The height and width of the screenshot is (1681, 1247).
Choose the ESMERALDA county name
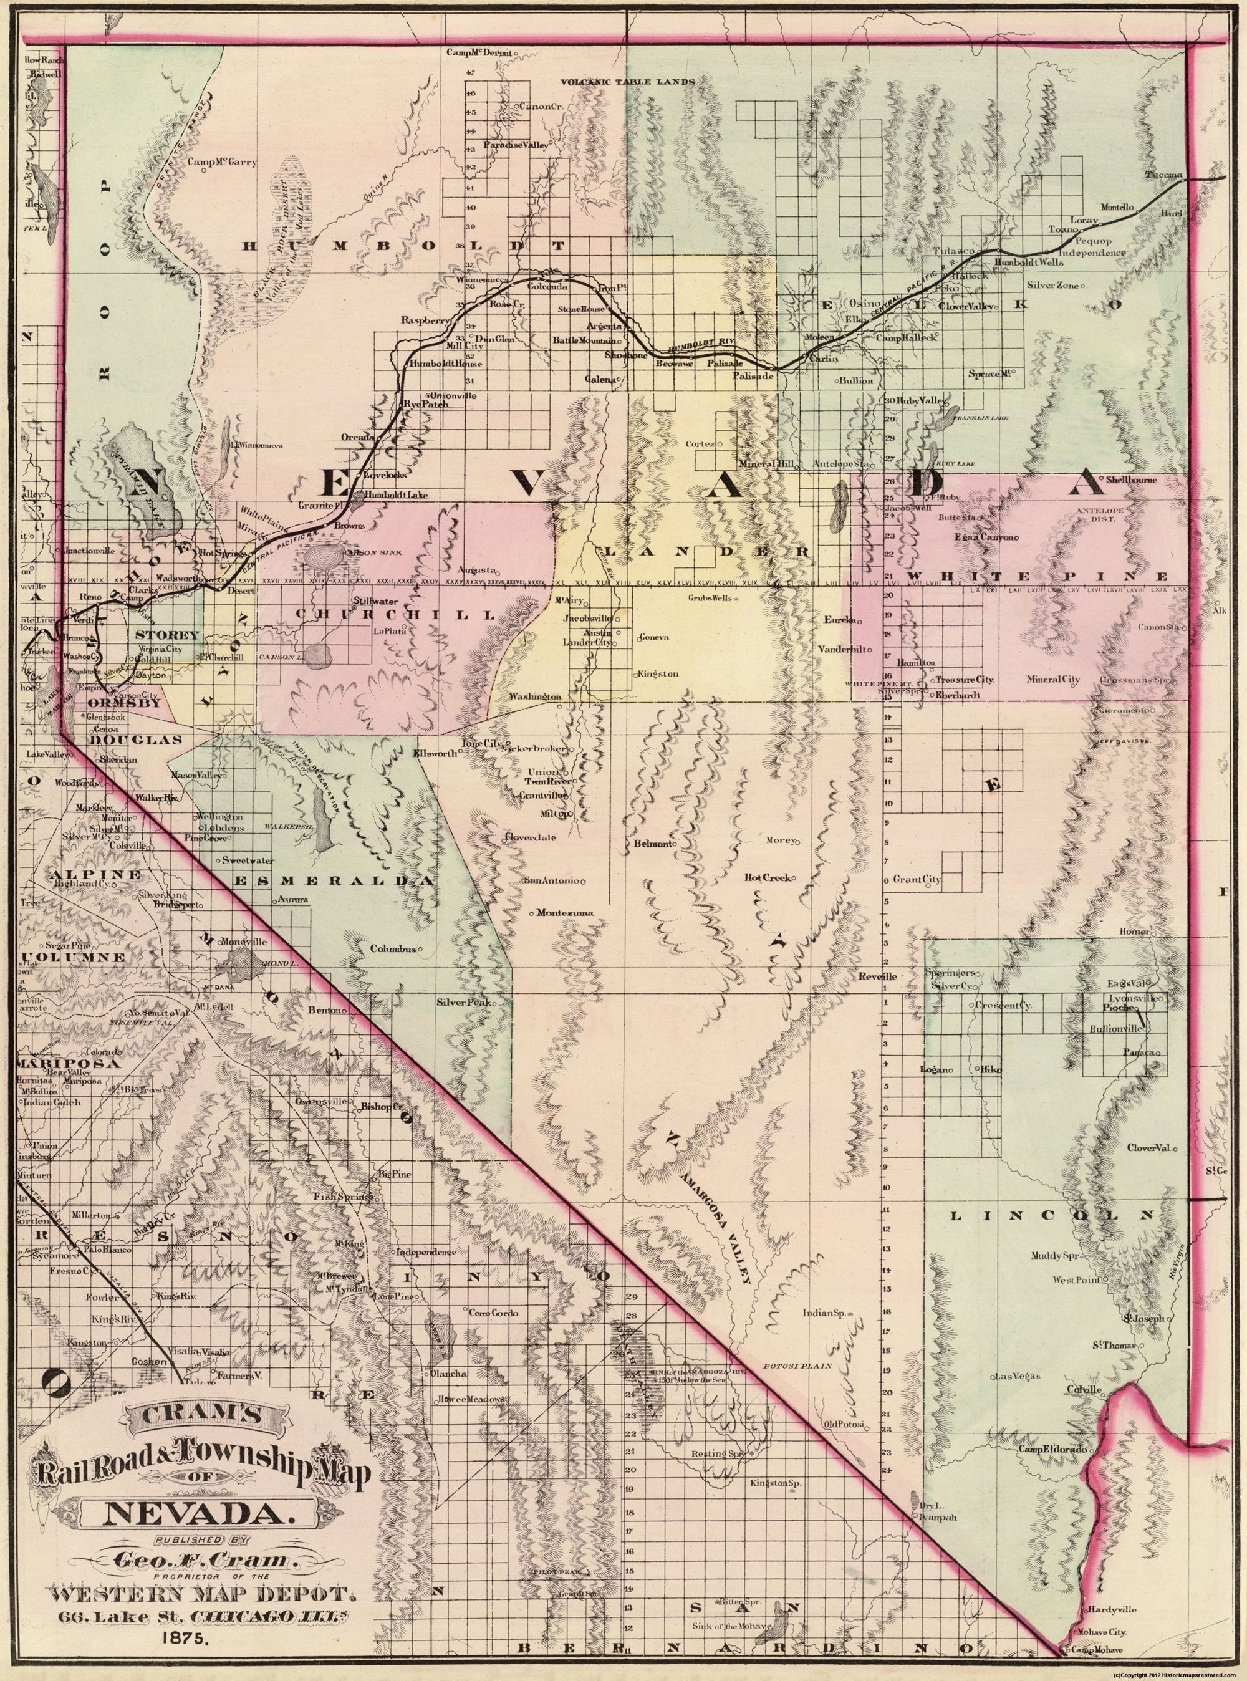click(x=336, y=881)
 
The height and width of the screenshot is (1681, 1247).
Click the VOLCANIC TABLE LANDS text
click(x=627, y=81)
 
